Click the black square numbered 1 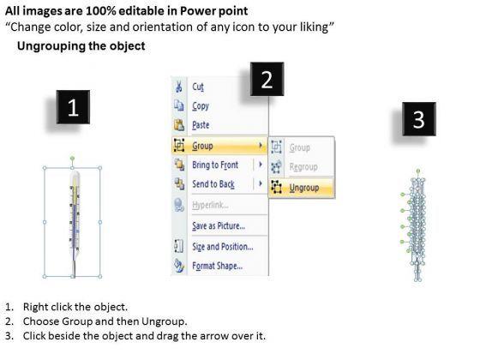click(x=73, y=107)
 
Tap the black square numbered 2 click(x=267, y=79)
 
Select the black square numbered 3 click(x=419, y=119)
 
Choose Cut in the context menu click(x=198, y=87)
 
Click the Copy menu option click(x=201, y=106)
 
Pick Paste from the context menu click(x=201, y=125)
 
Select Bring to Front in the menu click(x=215, y=165)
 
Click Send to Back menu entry click(x=213, y=184)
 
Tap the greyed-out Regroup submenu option click(x=303, y=167)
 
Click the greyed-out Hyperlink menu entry click(x=210, y=205)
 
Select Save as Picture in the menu click(x=219, y=226)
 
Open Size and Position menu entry click(x=223, y=247)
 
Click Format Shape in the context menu click(x=218, y=266)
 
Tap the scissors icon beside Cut click(x=178, y=87)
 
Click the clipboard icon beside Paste click(x=179, y=125)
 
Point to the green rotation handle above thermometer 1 click(x=72, y=159)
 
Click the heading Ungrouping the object click(x=81, y=46)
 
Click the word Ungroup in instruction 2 click(x=163, y=321)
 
